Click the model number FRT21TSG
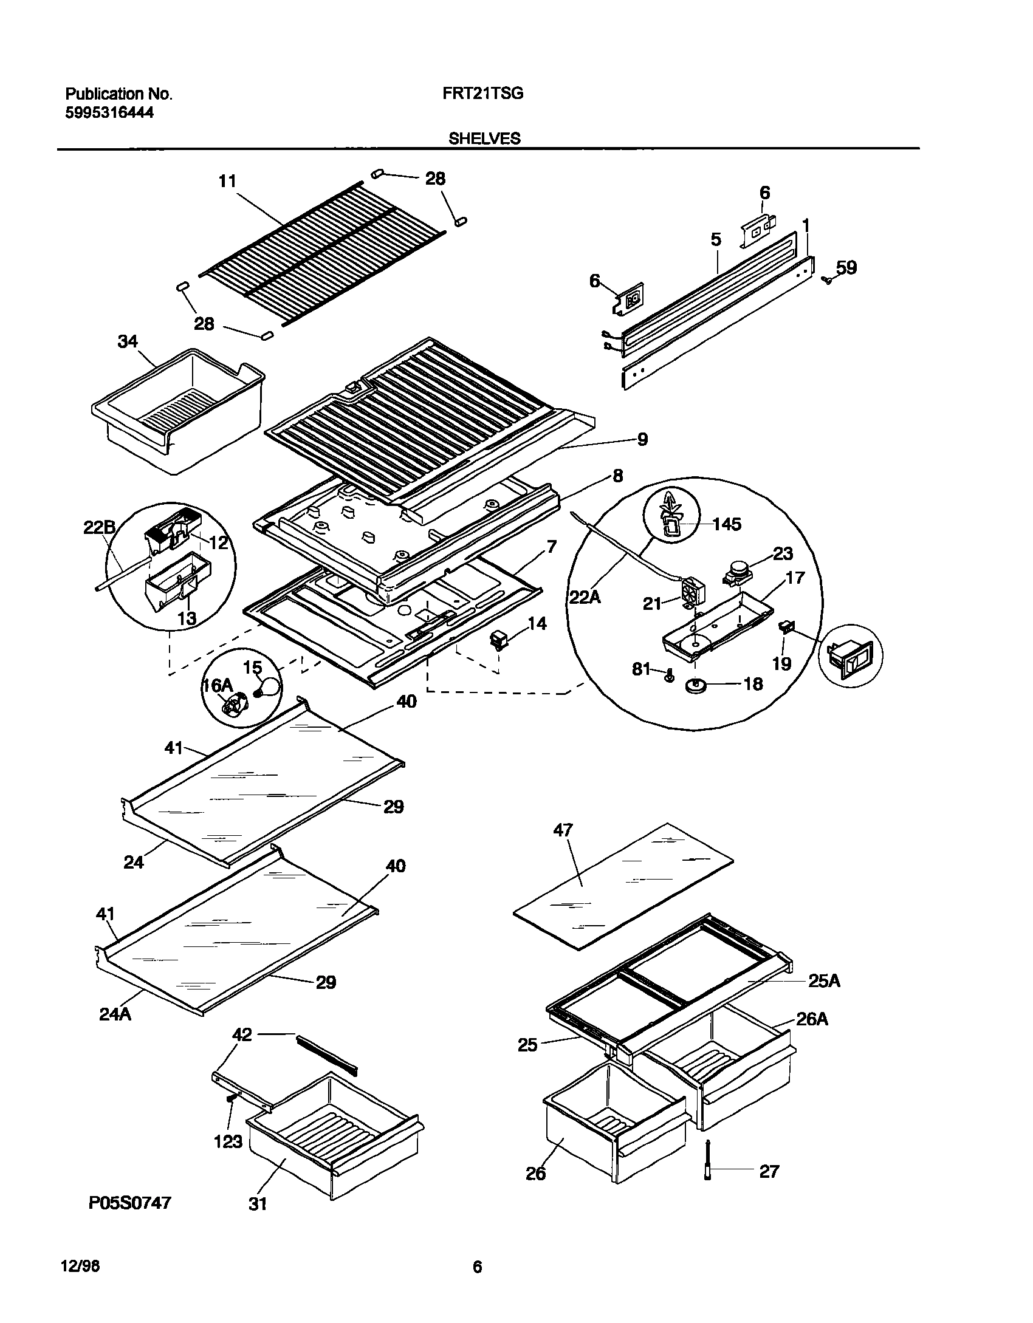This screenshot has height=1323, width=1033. [479, 94]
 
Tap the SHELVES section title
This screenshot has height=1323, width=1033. [484, 138]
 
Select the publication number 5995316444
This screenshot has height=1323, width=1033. [109, 112]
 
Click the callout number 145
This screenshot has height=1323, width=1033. [727, 524]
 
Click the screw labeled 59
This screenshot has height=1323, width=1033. [826, 279]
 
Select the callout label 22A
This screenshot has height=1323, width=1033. [585, 598]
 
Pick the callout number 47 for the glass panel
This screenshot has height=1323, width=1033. [563, 830]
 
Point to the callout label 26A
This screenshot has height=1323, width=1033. [812, 1019]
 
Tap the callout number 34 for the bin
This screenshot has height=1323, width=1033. [128, 342]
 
